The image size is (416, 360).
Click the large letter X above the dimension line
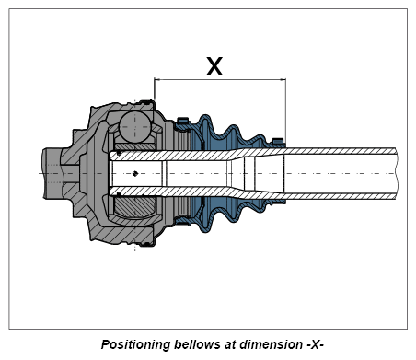(214, 66)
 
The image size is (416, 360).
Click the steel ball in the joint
(135, 127)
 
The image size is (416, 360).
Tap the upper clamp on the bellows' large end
(183, 120)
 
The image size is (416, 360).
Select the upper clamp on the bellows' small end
(278, 141)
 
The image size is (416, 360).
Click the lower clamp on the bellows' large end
(183, 221)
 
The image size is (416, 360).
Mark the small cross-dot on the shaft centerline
(135, 174)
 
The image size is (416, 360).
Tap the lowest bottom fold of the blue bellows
(205, 227)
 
